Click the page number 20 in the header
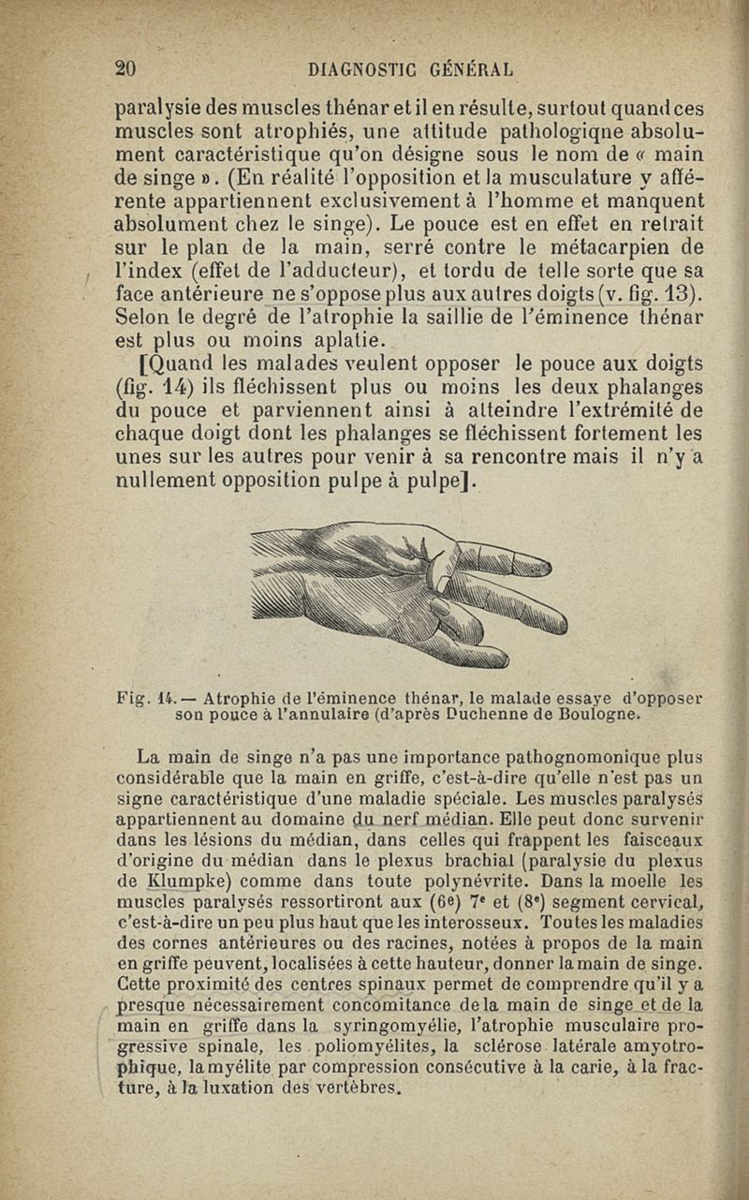125,68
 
